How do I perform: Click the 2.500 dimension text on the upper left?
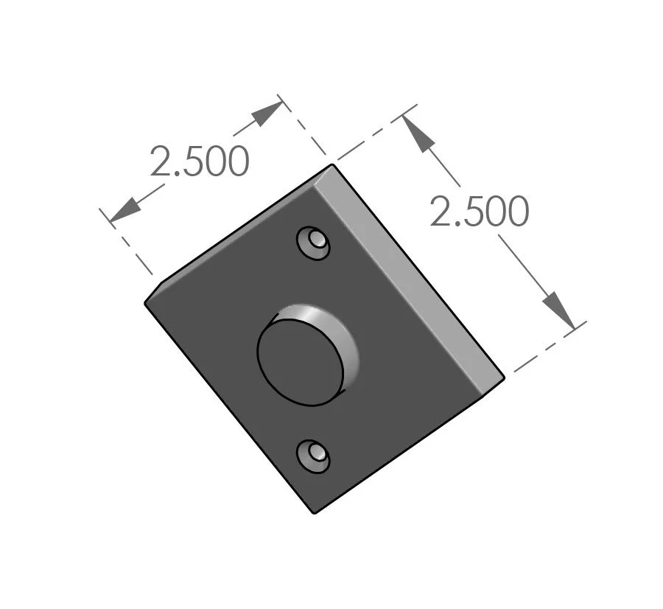point(199,161)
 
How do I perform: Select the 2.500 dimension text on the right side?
point(479,212)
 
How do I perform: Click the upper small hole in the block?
point(314,242)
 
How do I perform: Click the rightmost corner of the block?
point(504,378)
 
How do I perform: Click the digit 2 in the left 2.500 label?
point(162,161)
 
